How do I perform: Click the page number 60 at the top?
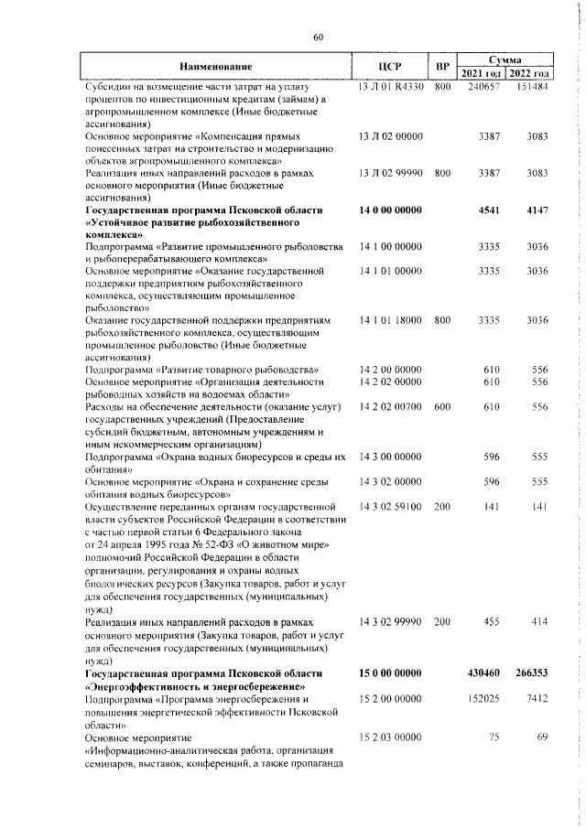point(319,38)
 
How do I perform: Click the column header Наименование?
point(216,67)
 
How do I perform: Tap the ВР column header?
point(443,67)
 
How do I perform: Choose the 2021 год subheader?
point(482,74)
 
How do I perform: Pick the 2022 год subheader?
point(529,74)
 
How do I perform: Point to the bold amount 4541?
point(493,210)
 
